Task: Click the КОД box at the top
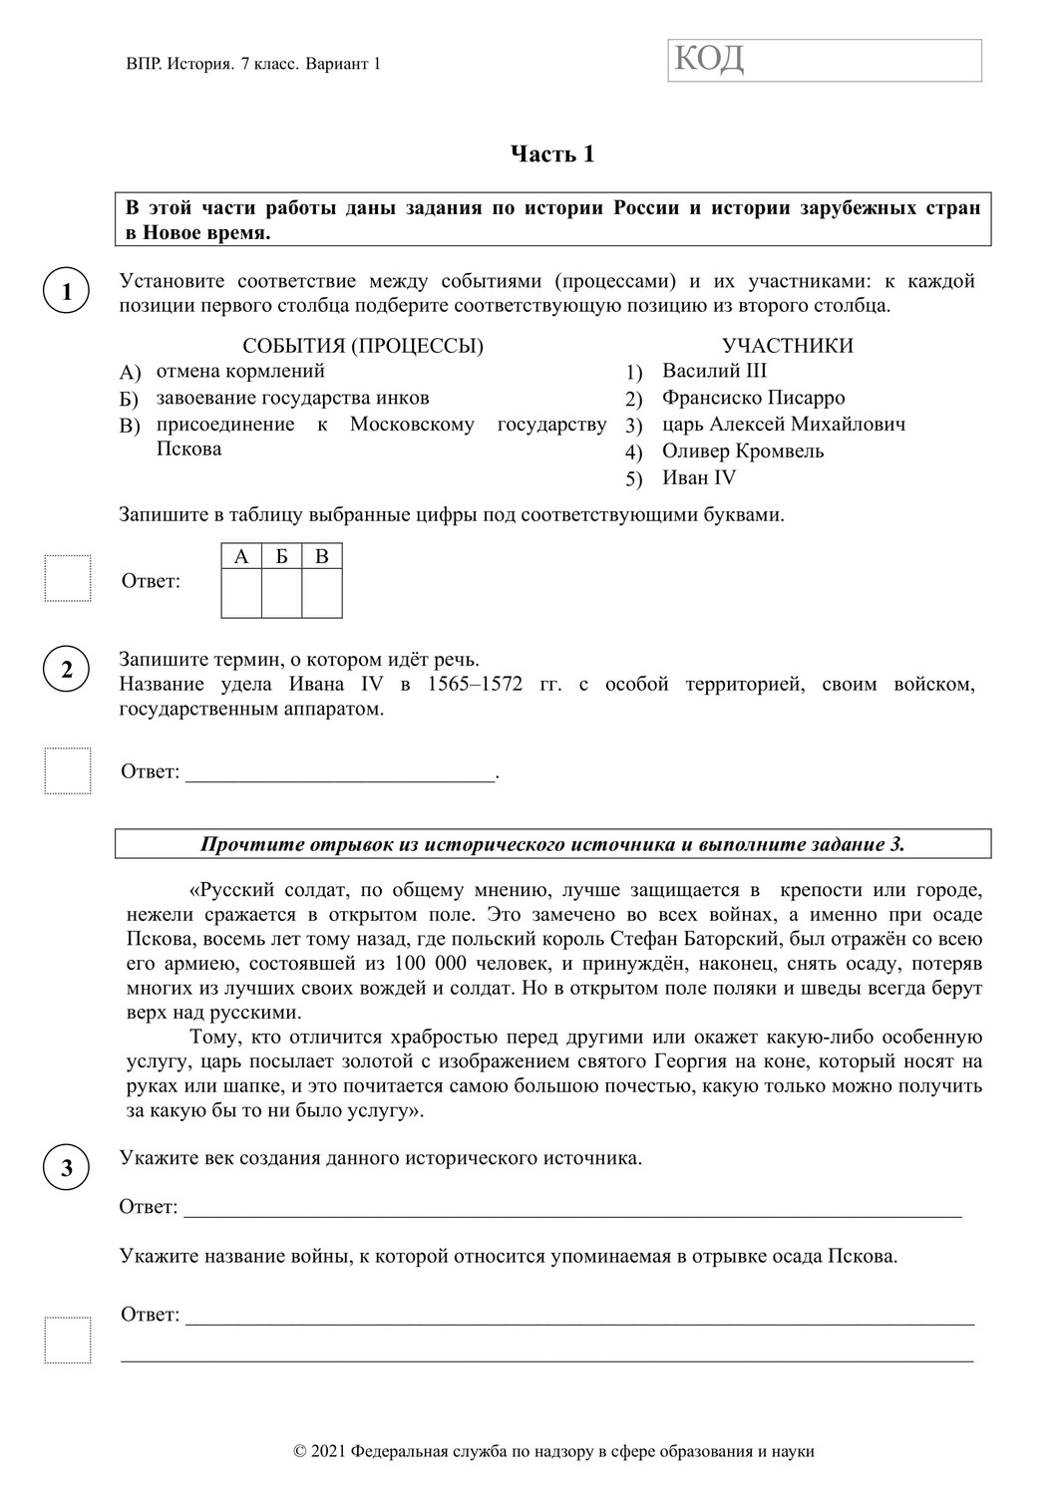pyautogui.click(x=824, y=60)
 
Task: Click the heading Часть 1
pyautogui.click(x=552, y=153)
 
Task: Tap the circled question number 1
pyautogui.click(x=67, y=292)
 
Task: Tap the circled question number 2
pyautogui.click(x=67, y=670)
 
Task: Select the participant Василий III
pyautogui.click(x=714, y=371)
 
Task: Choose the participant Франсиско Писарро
pyautogui.click(x=753, y=398)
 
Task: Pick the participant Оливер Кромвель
pyautogui.click(x=743, y=450)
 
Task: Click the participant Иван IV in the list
pyautogui.click(x=698, y=477)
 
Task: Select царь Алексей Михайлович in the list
pyautogui.click(x=784, y=425)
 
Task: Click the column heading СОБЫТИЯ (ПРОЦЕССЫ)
pyautogui.click(x=363, y=346)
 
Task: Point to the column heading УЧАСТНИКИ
pyautogui.click(x=788, y=346)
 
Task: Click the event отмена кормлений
pyautogui.click(x=240, y=371)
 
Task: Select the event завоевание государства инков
pyautogui.click(x=292, y=398)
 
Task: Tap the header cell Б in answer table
pyautogui.click(x=282, y=556)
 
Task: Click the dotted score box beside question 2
pyautogui.click(x=67, y=770)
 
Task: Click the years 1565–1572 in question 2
pyautogui.click(x=475, y=684)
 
